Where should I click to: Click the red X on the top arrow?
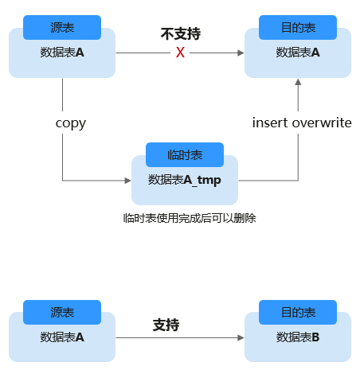pyautogui.click(x=180, y=53)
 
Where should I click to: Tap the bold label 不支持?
pyautogui.click(x=181, y=33)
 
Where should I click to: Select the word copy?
pyautogui.click(x=71, y=123)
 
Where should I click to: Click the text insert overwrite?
pyautogui.click(x=302, y=123)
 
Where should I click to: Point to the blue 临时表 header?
pyautogui.click(x=185, y=154)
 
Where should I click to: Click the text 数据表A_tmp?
pyautogui.click(x=185, y=180)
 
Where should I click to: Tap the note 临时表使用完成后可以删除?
pyautogui.click(x=190, y=218)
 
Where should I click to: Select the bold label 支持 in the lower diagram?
pyautogui.click(x=166, y=325)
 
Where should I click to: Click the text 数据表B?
pyautogui.click(x=298, y=337)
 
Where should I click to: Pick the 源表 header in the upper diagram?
pyautogui.click(x=62, y=27)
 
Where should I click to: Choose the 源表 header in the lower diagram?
pyautogui.click(x=62, y=312)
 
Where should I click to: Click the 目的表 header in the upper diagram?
pyautogui.click(x=298, y=27)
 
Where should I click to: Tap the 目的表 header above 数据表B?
pyautogui.click(x=298, y=312)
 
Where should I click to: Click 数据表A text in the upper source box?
pyautogui.click(x=62, y=53)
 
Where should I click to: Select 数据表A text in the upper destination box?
pyautogui.click(x=298, y=53)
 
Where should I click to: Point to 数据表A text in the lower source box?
pyautogui.click(x=62, y=337)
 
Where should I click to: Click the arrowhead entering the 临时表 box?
pyautogui.click(x=128, y=181)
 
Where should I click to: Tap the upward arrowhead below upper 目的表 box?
pyautogui.click(x=298, y=82)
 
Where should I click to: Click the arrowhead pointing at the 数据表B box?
pyautogui.click(x=241, y=337)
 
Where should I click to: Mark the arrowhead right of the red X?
pyautogui.click(x=241, y=53)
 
